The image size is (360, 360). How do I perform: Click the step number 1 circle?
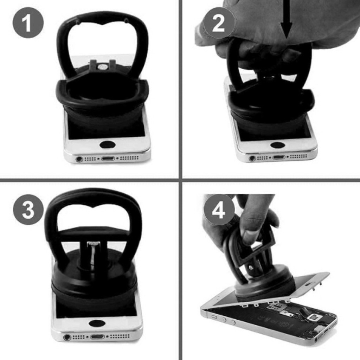click(28, 22)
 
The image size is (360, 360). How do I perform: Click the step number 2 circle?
click(219, 22)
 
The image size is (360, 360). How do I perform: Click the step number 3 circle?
click(28, 210)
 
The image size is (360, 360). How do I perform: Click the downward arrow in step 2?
click(287, 20)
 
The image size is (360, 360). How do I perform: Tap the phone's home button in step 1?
click(108, 144)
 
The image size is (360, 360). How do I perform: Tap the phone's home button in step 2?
click(278, 145)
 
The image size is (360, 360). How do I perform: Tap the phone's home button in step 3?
click(97, 323)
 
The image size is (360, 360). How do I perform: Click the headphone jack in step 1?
click(79, 159)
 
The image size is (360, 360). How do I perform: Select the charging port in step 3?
click(97, 337)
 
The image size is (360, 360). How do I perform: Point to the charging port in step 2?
click(279, 157)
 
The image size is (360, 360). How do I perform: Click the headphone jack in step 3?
click(67, 337)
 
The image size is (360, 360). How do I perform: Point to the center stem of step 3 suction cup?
click(92, 255)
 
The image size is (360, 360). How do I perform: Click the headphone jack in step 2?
click(252, 158)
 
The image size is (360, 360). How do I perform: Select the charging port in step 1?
click(108, 159)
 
